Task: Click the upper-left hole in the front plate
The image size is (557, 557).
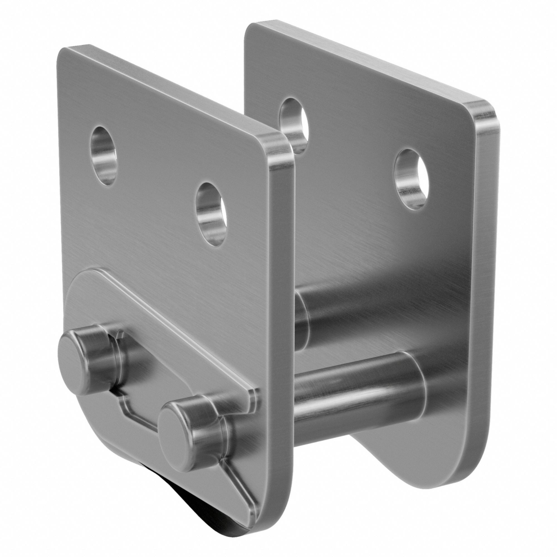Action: point(104,156)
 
